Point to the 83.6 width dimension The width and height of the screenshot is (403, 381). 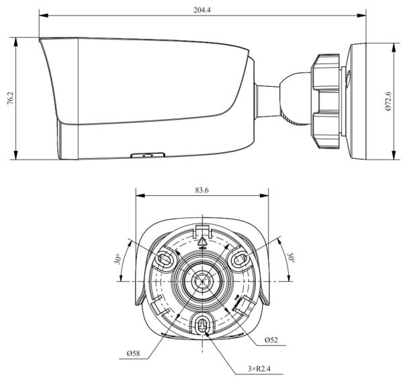(x=201, y=190)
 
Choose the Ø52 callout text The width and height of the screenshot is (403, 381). (x=271, y=341)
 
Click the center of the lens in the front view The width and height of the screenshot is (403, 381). (x=201, y=281)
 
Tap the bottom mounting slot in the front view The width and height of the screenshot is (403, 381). (x=201, y=324)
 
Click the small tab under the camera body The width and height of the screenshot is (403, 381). (x=146, y=155)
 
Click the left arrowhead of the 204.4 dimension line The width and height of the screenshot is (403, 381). (x=42, y=14)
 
